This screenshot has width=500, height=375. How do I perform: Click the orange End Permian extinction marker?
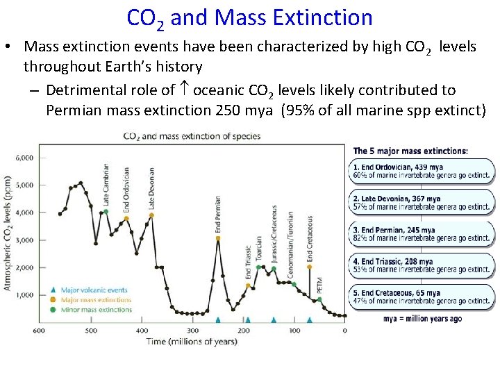[x=218, y=238]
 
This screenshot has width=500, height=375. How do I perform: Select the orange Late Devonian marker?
[x=151, y=215]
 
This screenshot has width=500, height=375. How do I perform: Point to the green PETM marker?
[x=319, y=299]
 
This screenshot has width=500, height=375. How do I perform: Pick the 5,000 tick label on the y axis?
[x=24, y=185]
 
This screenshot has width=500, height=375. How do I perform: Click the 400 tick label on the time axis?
[x=142, y=331]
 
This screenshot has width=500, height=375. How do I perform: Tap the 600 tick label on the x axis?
[x=40, y=331]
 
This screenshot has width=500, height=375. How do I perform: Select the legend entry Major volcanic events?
[x=94, y=290]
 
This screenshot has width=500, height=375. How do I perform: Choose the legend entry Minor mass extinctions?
[x=96, y=309]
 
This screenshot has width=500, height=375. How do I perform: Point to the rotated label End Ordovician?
[x=126, y=190]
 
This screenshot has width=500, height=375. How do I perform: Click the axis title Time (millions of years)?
[x=192, y=341]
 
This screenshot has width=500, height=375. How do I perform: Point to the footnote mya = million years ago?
[x=422, y=319]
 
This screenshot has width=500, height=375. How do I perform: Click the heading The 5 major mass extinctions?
[x=410, y=151]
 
